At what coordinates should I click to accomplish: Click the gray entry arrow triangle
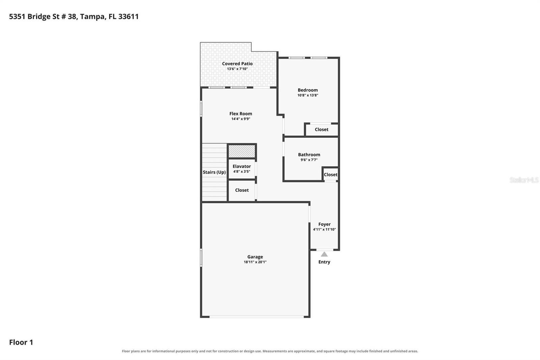pos(324,254)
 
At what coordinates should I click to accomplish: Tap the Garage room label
pos(255,257)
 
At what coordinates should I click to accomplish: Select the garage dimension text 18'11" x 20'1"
pos(255,262)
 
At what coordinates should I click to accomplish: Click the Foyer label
pos(324,224)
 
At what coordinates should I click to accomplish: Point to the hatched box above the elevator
pos(242,151)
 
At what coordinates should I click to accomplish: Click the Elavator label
pos(242,166)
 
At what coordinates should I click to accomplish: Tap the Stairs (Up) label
pos(214,172)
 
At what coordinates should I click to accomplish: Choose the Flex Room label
pos(241,114)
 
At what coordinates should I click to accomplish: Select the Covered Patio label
pos(237,63)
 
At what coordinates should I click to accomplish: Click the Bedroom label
pos(307,90)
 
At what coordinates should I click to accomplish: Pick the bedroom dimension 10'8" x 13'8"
pos(308,95)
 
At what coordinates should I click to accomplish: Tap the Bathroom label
pos(309,155)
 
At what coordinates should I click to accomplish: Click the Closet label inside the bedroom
pos(322,129)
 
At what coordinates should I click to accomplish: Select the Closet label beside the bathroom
pos(330,175)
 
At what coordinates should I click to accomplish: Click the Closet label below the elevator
pos(242,190)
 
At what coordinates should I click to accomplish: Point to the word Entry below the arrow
pos(324,262)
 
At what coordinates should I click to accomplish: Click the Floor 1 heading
pos(21,342)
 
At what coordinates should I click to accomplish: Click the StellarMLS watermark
pos(524,180)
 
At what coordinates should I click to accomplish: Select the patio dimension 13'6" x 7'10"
pos(237,69)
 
